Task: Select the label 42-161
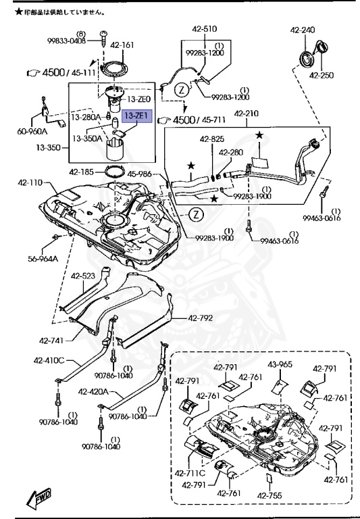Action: pos(122,46)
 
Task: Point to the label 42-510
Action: pos(206,29)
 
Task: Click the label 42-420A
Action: pos(93,391)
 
